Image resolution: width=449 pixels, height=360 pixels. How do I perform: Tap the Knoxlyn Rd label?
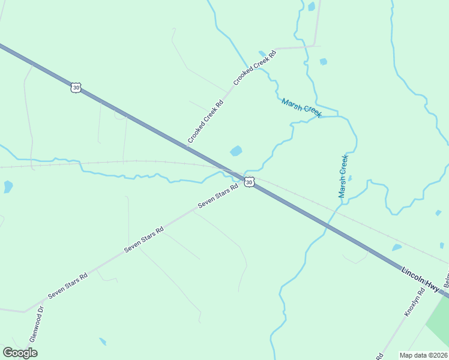tap(414, 301)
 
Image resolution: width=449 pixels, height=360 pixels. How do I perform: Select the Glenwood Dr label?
tap(34, 322)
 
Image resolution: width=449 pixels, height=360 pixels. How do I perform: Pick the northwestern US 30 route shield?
tap(76, 88)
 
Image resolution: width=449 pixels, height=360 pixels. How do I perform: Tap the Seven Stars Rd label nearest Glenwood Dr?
tap(68, 285)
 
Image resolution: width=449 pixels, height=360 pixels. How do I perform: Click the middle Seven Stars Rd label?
tap(143, 239)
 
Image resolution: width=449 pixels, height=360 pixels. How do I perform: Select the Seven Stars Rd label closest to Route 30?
tap(218, 195)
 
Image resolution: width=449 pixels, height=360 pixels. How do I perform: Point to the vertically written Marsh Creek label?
tap(343, 176)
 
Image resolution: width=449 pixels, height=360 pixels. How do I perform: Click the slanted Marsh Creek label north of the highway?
tap(302, 108)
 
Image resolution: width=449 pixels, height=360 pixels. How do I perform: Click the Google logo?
tap(20, 353)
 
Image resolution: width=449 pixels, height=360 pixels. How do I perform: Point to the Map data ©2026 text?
tap(423, 355)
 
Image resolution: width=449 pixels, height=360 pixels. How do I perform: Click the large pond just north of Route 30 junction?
tap(236, 151)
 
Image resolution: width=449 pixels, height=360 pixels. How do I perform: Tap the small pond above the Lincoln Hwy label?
tap(396, 247)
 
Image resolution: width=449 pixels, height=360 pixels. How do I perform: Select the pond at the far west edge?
tap(8, 187)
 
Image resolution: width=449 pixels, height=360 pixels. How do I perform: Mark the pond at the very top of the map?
tap(311, 7)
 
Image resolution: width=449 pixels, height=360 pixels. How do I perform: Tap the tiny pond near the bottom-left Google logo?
tap(103, 341)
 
